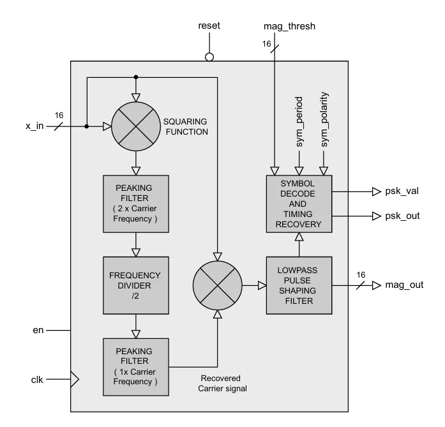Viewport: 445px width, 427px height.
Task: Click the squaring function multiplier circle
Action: pos(136,126)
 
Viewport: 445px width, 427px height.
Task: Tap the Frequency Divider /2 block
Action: pos(135,285)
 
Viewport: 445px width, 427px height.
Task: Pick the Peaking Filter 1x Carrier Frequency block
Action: pos(135,366)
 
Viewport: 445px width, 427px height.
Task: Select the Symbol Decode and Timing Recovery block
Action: pos(299,204)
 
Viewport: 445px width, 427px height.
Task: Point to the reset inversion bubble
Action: pos(209,57)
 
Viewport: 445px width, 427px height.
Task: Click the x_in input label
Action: pos(34,126)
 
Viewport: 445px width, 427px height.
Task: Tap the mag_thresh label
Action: pos(289,26)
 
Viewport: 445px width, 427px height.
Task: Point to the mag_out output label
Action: pos(405,285)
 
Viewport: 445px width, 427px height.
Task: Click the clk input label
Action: pos(37,380)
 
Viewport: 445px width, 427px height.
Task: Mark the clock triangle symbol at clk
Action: pos(74,380)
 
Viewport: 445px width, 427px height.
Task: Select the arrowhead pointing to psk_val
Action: pos(377,191)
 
